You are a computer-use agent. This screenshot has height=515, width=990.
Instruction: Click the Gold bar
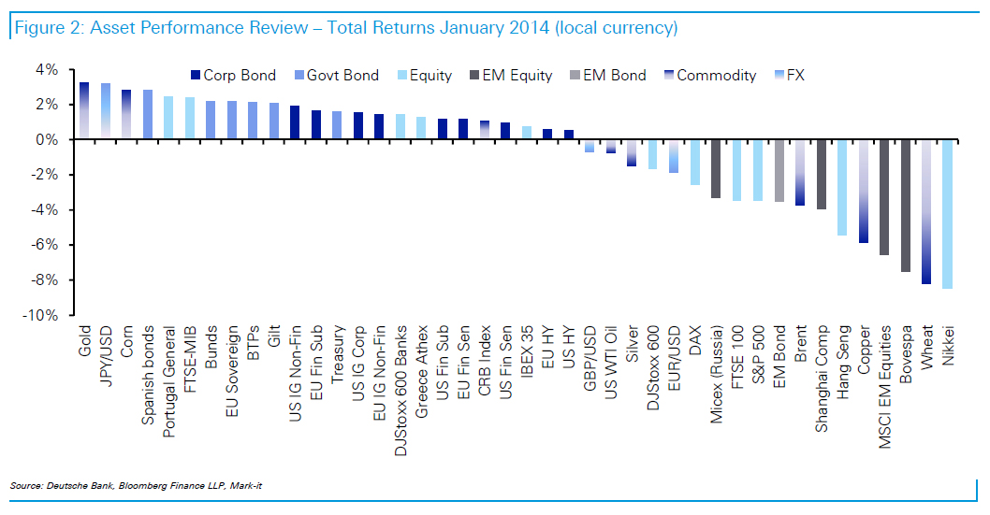[84, 111]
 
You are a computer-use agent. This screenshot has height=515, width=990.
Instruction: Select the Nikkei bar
[948, 214]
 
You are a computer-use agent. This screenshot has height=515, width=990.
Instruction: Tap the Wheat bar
[926, 211]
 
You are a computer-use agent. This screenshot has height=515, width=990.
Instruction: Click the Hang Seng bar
[842, 187]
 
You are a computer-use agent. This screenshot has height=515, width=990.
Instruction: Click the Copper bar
[864, 191]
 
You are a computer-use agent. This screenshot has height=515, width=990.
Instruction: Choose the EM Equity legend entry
[518, 75]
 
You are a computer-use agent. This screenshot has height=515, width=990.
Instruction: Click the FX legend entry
[794, 75]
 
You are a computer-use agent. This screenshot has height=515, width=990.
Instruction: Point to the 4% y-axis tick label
[48, 69]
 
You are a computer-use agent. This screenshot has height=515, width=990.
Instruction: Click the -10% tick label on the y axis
[41, 316]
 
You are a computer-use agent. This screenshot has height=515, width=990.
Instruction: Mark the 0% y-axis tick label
[48, 139]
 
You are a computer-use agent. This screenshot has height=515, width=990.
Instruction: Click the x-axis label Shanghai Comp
[822, 378]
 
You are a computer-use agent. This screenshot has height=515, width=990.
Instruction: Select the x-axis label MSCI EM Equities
[884, 387]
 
